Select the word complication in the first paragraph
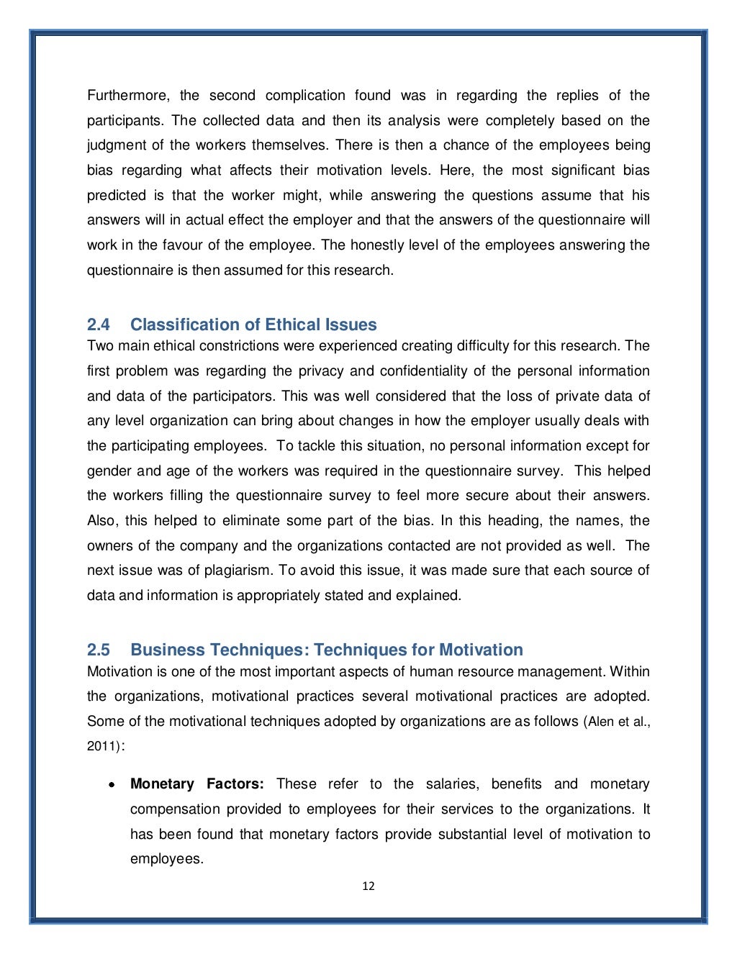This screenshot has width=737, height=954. [x=305, y=95]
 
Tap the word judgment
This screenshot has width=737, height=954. [x=115, y=145]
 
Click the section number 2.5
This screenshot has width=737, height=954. [x=99, y=650]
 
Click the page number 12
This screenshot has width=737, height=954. [x=368, y=886]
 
